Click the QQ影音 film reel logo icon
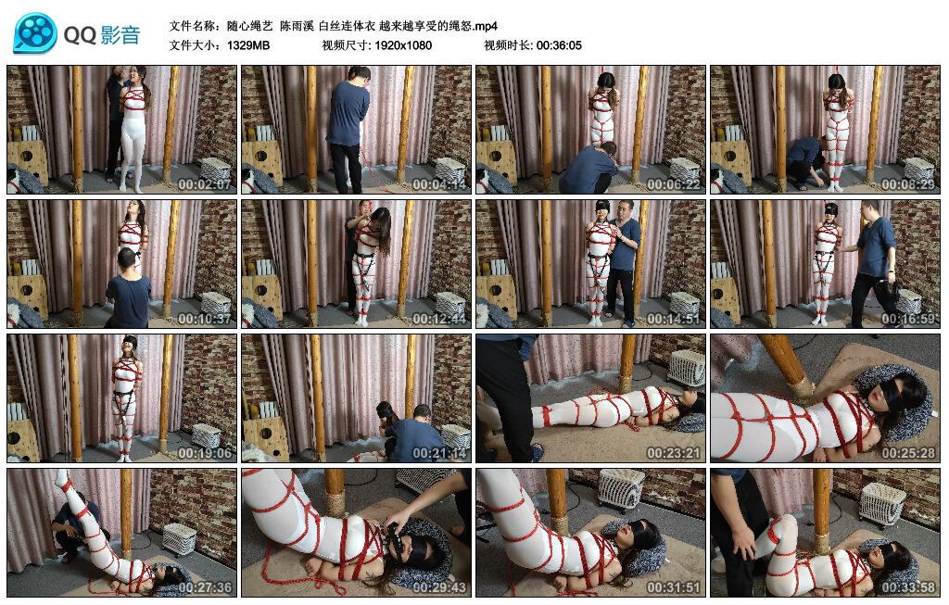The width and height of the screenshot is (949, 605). coord(35,34)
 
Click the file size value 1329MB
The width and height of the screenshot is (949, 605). coord(248,44)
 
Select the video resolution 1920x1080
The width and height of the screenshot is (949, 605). coord(403,44)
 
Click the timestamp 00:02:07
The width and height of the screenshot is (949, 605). coord(204,184)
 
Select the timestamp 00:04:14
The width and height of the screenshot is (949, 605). coord(438,184)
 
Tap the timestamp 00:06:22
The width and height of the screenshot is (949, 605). coord(673,184)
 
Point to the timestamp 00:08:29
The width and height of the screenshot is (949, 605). coord(907,184)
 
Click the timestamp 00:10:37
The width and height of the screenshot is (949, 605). coord(204,320)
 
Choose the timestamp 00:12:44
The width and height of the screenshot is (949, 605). coord(438,320)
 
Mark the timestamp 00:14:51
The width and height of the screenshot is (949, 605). coord(673,320)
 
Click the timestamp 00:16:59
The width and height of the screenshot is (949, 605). coord(907,320)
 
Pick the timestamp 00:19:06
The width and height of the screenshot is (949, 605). coord(204,454)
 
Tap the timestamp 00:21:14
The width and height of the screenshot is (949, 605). coord(438,454)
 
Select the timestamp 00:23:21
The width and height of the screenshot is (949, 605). coord(673,454)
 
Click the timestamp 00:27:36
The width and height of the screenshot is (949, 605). coord(204,588)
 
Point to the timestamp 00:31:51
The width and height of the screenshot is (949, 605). coord(673,588)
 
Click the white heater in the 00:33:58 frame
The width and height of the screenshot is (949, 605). coord(880,503)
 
